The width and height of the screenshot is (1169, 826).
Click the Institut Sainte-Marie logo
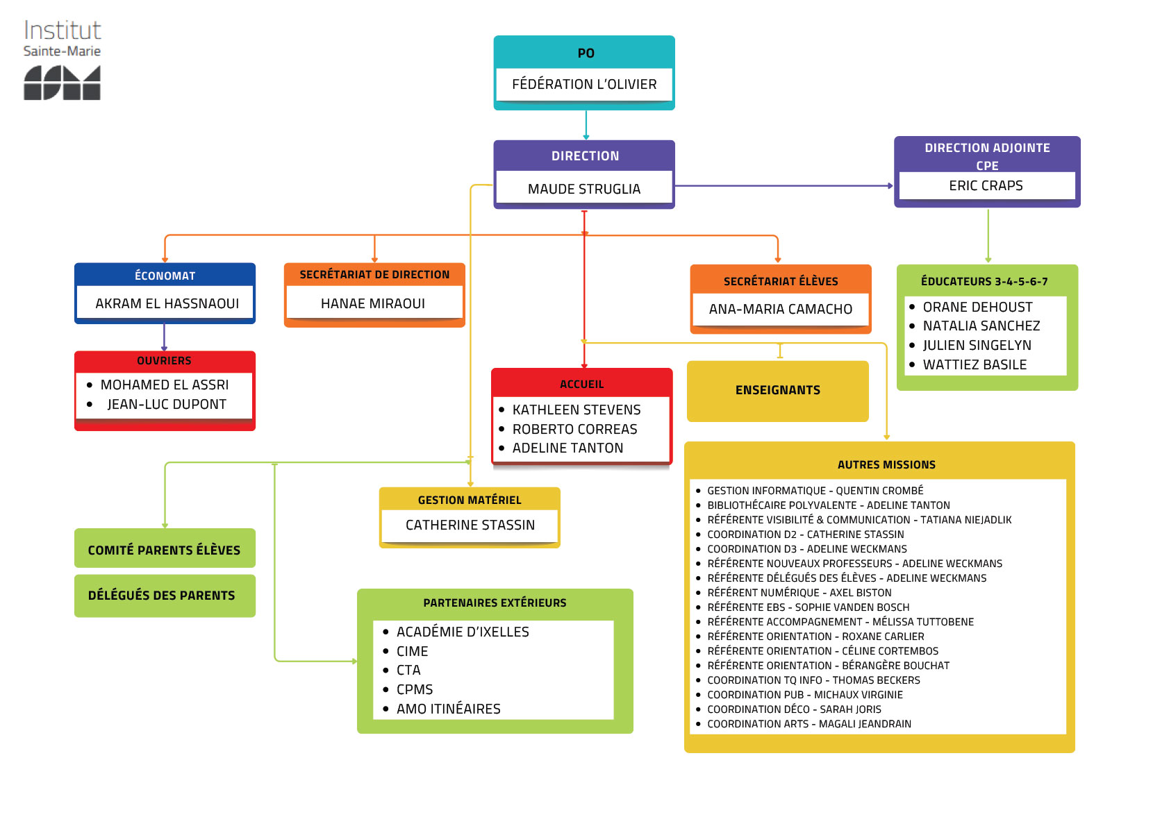pos(62,60)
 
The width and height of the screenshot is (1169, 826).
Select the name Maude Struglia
pos(583,189)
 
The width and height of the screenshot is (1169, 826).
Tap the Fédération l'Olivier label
pos(583,85)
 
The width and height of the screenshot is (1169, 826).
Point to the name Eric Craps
pos(986,186)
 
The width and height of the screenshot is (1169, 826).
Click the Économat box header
pos(165,276)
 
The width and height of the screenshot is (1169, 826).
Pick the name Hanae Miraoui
pos(373,304)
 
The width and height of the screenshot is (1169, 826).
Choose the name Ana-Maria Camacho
pos(780,310)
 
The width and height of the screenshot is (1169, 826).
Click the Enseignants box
pos(777,391)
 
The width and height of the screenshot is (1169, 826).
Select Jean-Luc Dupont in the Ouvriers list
pos(167,405)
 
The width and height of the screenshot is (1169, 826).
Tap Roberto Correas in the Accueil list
pos(574,430)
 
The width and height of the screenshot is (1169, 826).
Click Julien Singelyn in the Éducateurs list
pos(977,346)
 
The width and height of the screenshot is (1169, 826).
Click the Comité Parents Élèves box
pos(165,550)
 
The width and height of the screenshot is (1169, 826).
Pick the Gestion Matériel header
pos(469,500)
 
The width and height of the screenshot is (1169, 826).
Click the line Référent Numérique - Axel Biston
pos(799,593)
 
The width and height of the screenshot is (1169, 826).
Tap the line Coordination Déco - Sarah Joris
pos(794,709)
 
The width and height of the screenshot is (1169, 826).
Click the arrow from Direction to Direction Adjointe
pos(784,186)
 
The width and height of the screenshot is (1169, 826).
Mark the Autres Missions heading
pos(886,465)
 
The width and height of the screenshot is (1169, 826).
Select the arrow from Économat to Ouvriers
pos(164,337)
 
